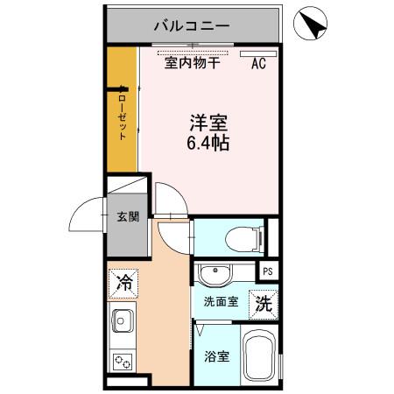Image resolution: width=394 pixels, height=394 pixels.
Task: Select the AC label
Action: point(259,63)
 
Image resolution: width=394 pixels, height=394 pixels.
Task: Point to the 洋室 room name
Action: point(208,122)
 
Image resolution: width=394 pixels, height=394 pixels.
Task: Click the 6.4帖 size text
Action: point(208,143)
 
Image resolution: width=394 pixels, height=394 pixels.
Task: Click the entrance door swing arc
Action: point(88,215)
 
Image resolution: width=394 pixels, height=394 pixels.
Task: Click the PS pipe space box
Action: point(267,271)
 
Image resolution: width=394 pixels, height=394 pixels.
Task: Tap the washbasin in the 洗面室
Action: point(214,275)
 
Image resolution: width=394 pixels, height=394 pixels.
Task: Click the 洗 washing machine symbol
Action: point(264,303)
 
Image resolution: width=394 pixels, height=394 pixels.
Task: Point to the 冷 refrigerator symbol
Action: point(123,282)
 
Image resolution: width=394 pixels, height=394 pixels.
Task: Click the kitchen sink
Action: point(122,322)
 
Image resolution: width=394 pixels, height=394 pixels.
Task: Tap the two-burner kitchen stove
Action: point(121,360)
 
